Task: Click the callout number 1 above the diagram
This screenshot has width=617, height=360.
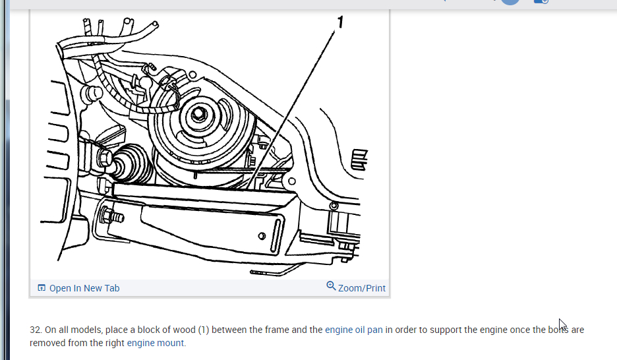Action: (x=340, y=23)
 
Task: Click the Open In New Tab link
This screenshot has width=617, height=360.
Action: (x=84, y=288)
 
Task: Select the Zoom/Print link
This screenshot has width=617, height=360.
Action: (x=362, y=288)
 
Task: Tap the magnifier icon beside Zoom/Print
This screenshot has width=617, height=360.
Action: (x=331, y=286)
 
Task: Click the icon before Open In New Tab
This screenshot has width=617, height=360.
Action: (x=42, y=288)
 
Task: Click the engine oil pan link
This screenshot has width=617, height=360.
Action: (x=354, y=330)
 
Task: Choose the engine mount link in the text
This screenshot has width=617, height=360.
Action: (x=156, y=343)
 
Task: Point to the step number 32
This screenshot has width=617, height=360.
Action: (x=36, y=330)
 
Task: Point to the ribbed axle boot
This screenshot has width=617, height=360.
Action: (x=131, y=164)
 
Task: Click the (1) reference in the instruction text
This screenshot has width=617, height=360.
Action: (x=203, y=330)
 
